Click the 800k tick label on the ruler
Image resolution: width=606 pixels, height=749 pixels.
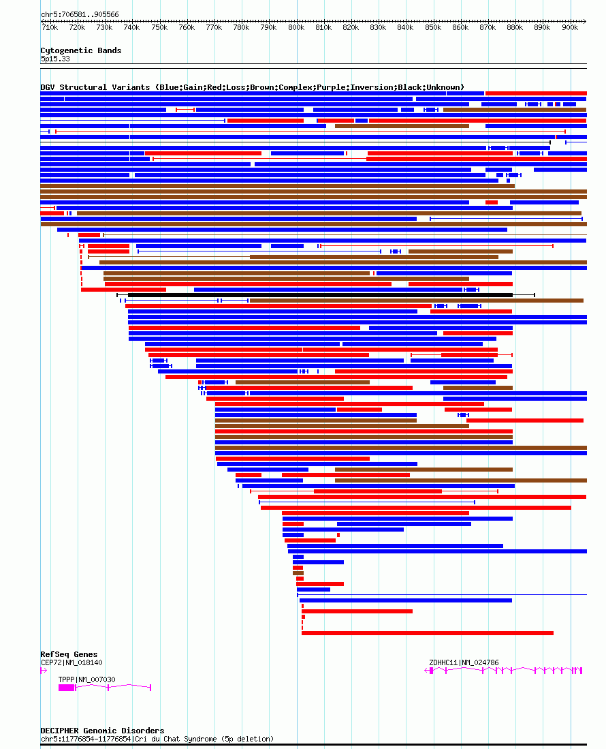[296, 28]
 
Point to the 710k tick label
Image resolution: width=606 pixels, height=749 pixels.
[50, 28]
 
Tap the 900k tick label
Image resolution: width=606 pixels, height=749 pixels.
[570, 28]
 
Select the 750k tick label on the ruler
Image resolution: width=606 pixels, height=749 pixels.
[159, 28]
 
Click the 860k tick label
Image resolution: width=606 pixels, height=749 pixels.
[460, 28]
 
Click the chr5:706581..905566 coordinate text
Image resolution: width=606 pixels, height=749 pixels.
[80, 14]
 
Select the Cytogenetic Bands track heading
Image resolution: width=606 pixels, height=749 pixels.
[80, 50]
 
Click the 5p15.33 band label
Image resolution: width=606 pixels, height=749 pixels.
[54, 59]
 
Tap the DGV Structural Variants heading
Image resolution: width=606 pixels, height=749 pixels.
[252, 87]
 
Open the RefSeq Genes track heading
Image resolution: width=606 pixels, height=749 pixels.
[69, 654]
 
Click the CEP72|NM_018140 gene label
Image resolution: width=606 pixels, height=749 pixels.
[71, 662]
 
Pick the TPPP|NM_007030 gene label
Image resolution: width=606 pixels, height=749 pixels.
[86, 679]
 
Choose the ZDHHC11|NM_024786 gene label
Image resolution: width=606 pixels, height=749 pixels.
[464, 662]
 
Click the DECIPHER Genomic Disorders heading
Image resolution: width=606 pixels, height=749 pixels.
[102, 731]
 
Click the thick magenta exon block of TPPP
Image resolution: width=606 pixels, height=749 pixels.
[67, 688]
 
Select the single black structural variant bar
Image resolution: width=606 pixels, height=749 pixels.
[320, 295]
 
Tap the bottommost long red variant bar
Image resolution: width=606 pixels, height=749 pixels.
[427, 633]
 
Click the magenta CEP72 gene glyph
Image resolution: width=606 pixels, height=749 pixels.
[44, 671]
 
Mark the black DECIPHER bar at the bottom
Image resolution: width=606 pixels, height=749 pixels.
[313, 745]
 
